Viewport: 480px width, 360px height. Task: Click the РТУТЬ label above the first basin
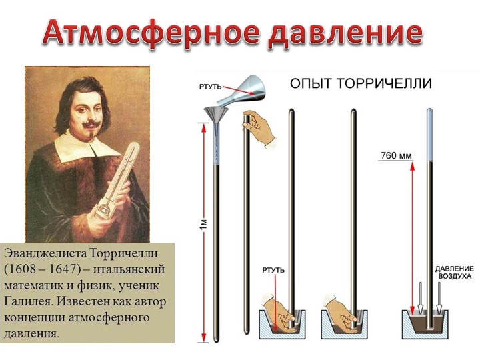(x=273, y=269)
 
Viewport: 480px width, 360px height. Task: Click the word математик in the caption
(x=33, y=285)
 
